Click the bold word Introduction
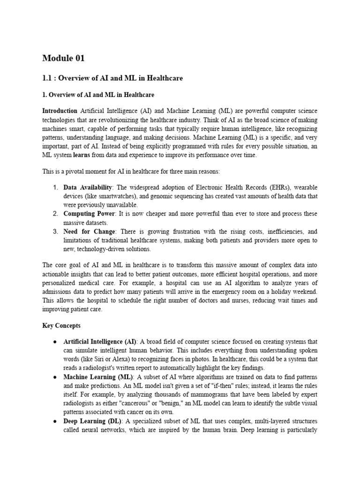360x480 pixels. click(60, 111)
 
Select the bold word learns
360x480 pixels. click(82, 155)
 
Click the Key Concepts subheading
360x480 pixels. click(61, 325)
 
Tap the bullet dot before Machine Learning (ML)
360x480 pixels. click(55, 377)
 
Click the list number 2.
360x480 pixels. click(55, 214)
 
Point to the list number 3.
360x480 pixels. click(55, 232)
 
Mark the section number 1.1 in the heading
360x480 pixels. click(47, 78)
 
